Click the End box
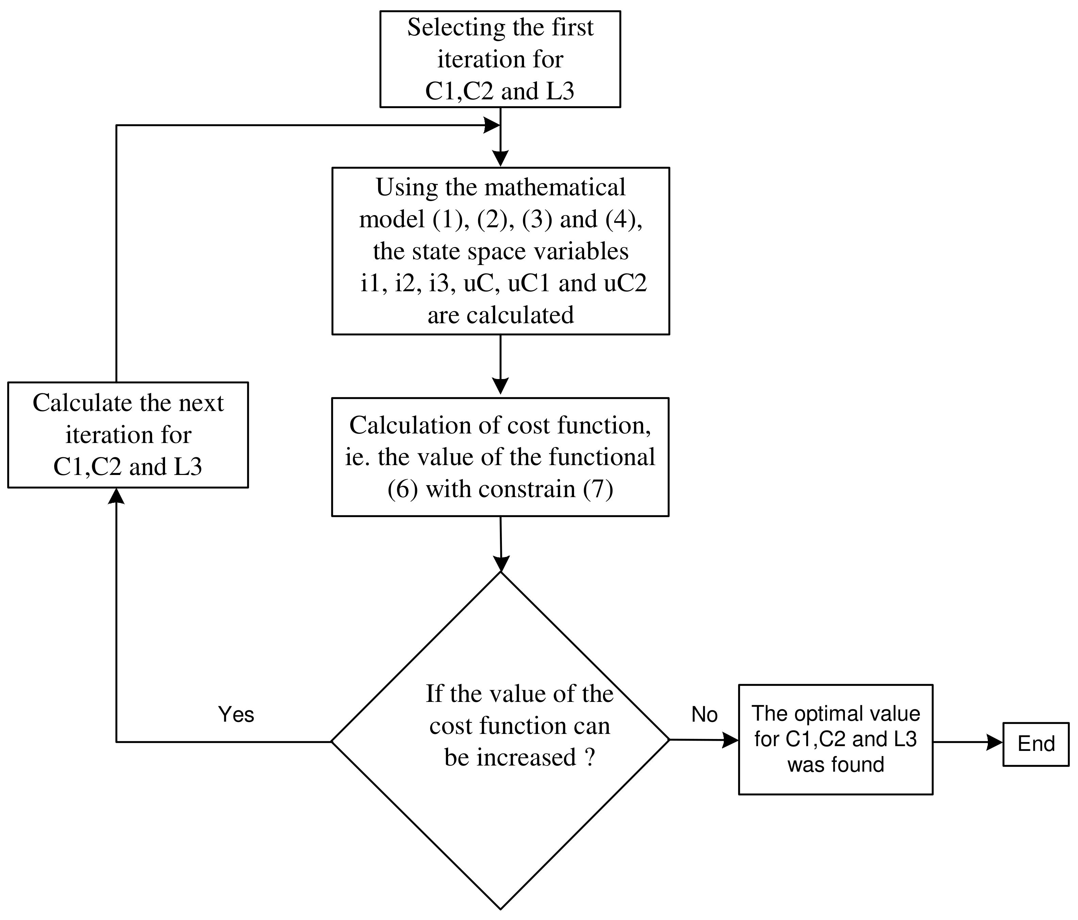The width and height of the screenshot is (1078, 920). (1035, 744)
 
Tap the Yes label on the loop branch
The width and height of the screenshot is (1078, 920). (236, 714)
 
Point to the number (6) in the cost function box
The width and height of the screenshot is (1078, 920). (403, 489)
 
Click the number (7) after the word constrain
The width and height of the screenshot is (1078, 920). (598, 489)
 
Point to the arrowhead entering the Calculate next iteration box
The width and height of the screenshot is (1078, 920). (116, 496)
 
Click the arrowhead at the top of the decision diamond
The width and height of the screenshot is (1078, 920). (501, 564)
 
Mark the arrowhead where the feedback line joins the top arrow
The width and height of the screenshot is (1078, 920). (492, 125)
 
